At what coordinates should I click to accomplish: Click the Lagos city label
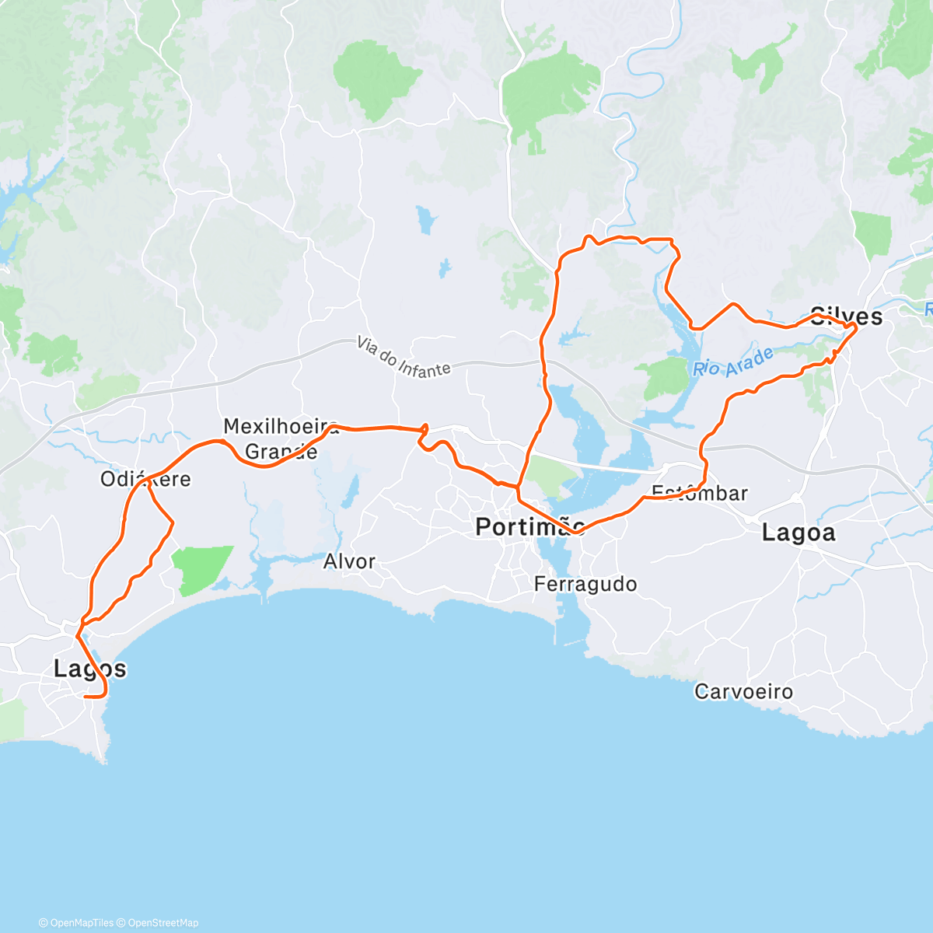pyautogui.click(x=89, y=669)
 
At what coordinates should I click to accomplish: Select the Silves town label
pyautogui.click(x=846, y=316)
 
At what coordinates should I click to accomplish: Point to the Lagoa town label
pyautogui.click(x=798, y=533)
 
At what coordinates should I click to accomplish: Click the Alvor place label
pyautogui.click(x=349, y=561)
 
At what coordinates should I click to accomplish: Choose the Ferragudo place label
pyautogui.click(x=585, y=585)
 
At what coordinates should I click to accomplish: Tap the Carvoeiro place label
pyautogui.click(x=743, y=691)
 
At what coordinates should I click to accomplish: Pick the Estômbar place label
pyautogui.click(x=700, y=493)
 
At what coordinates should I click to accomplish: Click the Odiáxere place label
pyautogui.click(x=145, y=479)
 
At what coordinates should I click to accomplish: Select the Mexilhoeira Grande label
pyautogui.click(x=281, y=439)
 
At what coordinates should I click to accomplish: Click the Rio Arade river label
pyautogui.click(x=733, y=362)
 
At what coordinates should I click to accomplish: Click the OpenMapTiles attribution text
pyautogui.click(x=81, y=923)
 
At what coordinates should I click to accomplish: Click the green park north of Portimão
pyautogui.click(x=548, y=474)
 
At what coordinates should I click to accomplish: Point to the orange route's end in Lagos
pyautogui.click(x=85, y=697)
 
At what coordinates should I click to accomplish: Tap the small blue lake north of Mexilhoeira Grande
pyautogui.click(x=425, y=219)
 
